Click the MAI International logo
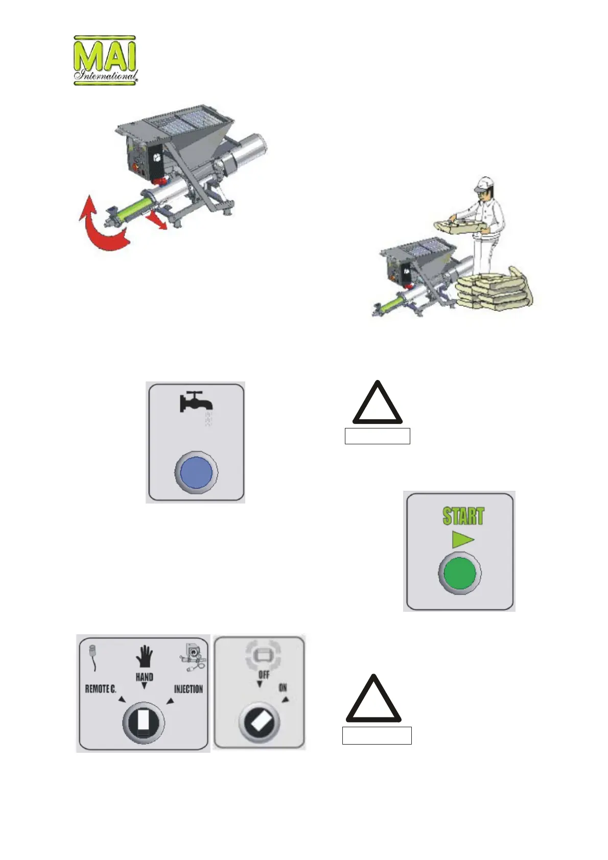pos(106,60)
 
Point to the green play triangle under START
pos(462,539)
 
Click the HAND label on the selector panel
pos(145,677)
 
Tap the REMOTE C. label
pos(101,689)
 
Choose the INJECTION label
pos(189,689)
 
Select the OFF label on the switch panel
pos(264,675)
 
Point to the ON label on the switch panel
pos(283,688)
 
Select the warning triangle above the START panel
pos(378,404)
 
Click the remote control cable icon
pos(93,656)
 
